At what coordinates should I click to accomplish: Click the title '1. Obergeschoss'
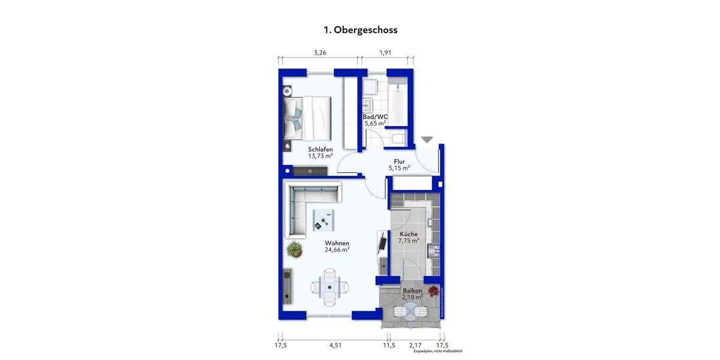coord(360,29)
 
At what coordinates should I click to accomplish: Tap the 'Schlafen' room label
coord(320,149)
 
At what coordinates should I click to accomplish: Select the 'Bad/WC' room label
coord(376,117)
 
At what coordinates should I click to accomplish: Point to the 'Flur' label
coord(399,161)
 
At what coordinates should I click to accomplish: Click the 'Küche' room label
coord(409,234)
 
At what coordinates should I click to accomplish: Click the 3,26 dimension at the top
coord(320,53)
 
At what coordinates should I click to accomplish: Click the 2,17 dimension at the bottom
coord(415,345)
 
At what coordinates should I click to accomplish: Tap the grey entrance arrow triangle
coord(427,140)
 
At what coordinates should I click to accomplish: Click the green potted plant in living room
coord(294,247)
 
